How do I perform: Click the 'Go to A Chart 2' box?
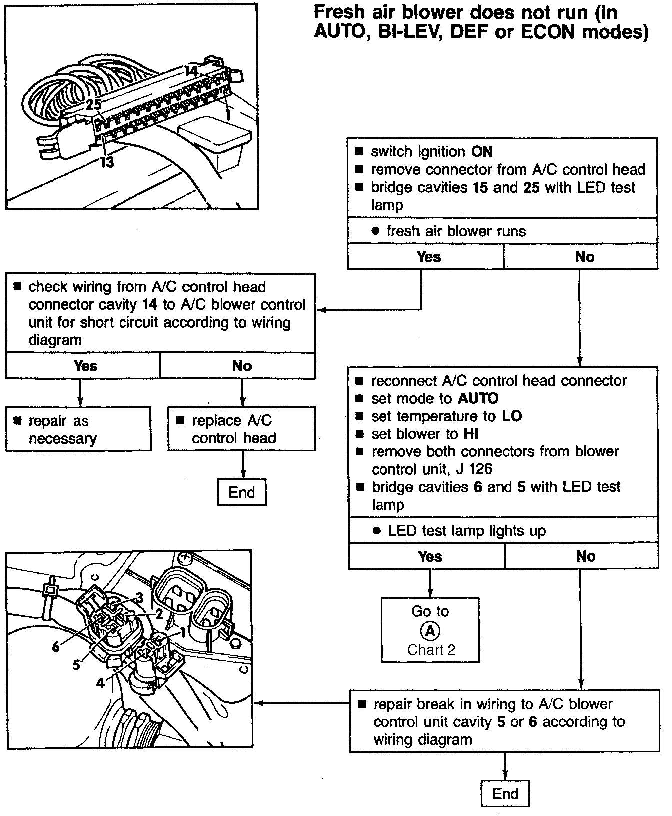pos(430,630)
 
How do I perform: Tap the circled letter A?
pos(430,631)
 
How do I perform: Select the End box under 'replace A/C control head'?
pos(242,492)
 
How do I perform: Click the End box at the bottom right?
pos(505,793)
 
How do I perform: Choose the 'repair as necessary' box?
pos(78,429)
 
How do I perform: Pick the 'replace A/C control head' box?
pos(241,429)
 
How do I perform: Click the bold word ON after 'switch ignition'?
pos(482,152)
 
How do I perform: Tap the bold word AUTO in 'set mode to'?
pos(478,398)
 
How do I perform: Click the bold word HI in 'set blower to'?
pos(471,434)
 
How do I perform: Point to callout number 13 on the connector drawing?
pos(107,162)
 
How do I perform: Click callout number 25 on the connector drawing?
pos(93,104)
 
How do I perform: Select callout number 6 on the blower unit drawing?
pos(55,647)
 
